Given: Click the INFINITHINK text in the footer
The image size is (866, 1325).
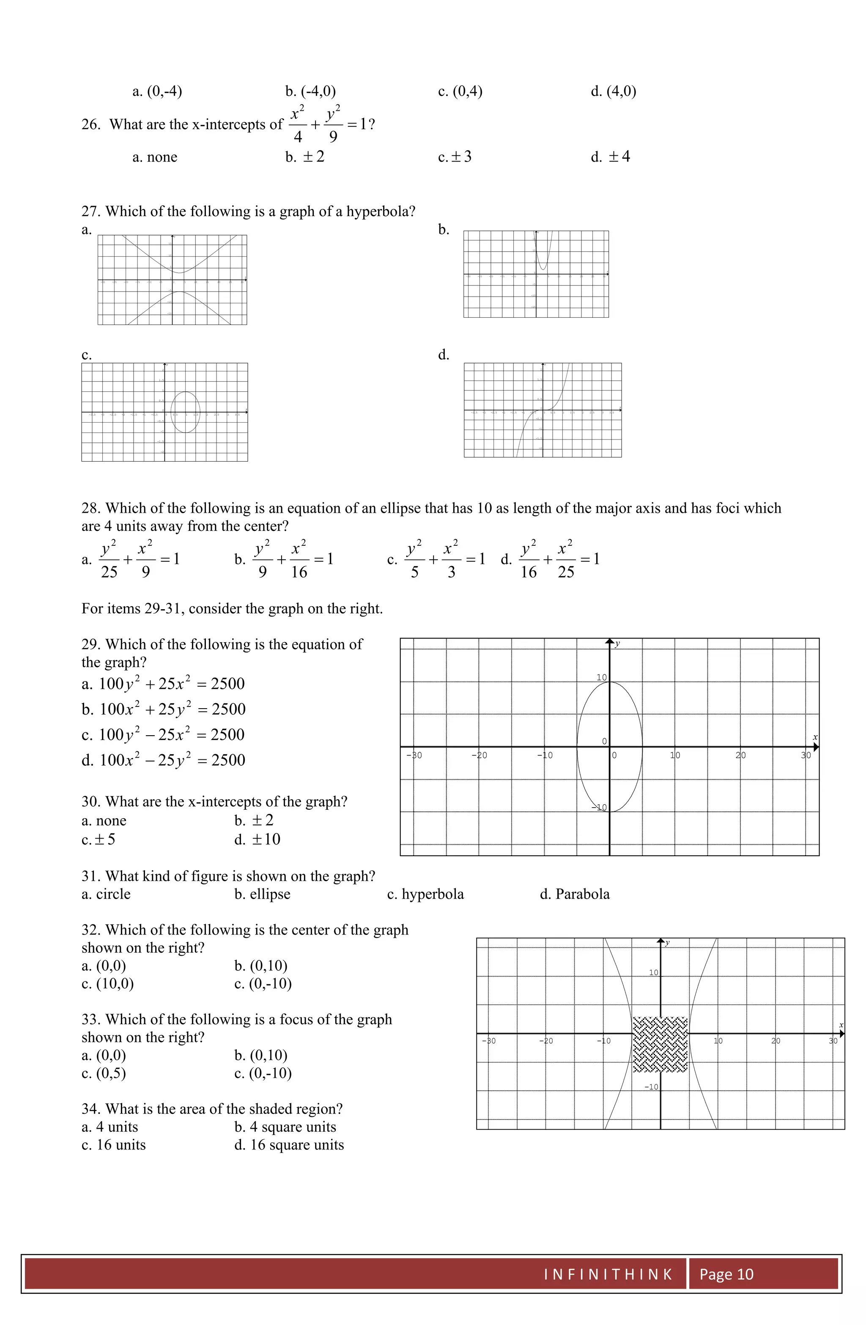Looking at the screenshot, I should (607, 1274).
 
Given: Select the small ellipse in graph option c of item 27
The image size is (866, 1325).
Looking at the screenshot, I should (185, 412).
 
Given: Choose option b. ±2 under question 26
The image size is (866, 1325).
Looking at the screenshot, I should (304, 157).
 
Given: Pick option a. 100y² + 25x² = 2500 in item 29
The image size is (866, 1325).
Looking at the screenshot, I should (163, 684).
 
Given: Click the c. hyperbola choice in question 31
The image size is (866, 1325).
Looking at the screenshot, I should (425, 894).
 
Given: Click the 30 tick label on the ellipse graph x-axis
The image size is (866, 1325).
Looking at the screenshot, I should (806, 756).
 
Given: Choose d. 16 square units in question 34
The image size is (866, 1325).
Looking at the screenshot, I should (289, 1145).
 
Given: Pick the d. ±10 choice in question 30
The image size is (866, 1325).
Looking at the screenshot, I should (257, 839).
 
